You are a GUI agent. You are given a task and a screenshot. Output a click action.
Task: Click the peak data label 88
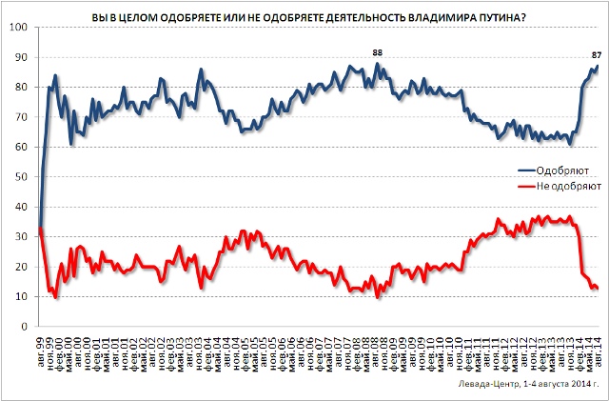377,52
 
